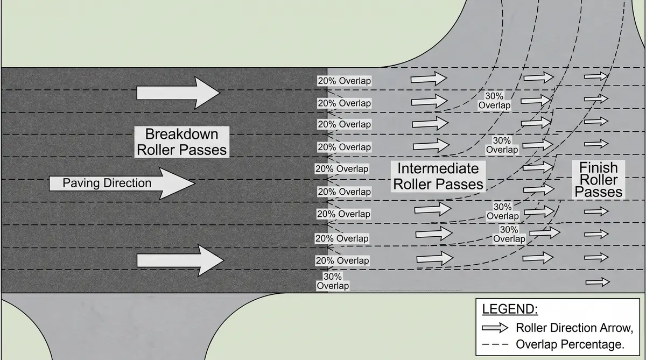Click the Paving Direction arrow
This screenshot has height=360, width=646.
121,183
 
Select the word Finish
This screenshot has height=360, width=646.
598,167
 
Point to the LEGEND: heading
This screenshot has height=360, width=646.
509,310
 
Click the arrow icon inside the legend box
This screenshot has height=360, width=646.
495,328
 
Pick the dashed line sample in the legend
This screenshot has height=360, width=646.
495,344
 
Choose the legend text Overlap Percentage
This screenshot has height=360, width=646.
570,344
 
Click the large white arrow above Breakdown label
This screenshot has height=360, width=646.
178,93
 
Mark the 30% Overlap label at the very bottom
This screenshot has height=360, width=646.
332,281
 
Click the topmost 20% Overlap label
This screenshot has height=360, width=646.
344,81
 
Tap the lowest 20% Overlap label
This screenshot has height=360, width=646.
342,260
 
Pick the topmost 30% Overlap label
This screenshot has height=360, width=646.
494,101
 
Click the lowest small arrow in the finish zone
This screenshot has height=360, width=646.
598,281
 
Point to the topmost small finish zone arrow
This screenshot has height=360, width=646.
596,76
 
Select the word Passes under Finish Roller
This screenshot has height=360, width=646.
598,192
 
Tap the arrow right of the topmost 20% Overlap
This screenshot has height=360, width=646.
429,79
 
